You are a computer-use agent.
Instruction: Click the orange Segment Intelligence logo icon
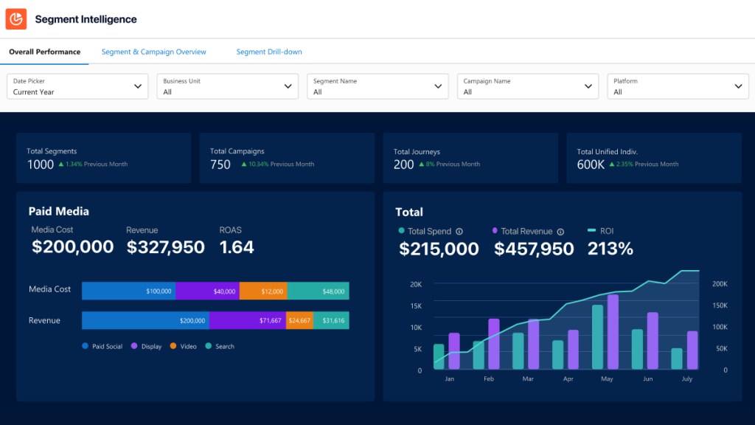coord(16,19)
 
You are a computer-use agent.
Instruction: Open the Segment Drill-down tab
coord(269,52)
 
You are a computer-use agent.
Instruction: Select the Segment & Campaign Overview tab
coord(154,52)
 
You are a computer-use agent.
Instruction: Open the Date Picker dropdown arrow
coord(138,86)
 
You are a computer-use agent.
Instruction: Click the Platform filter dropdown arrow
coord(739,86)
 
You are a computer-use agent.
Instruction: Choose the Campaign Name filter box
coord(526,86)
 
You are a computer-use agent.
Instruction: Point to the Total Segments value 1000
coord(41,165)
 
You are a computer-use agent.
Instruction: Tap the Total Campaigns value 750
coord(220,165)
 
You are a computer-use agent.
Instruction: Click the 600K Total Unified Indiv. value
coord(591,165)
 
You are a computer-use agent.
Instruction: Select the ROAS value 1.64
coord(237,247)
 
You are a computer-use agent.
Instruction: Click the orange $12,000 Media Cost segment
coord(263,291)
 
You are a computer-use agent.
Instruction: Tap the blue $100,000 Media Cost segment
coord(128,291)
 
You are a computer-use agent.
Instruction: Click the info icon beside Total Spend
coord(459,232)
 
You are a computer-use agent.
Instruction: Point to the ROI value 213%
coord(610,249)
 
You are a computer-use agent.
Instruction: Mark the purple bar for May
coord(613,332)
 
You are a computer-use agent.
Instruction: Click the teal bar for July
coord(677,359)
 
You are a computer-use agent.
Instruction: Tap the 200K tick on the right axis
coord(720,284)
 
